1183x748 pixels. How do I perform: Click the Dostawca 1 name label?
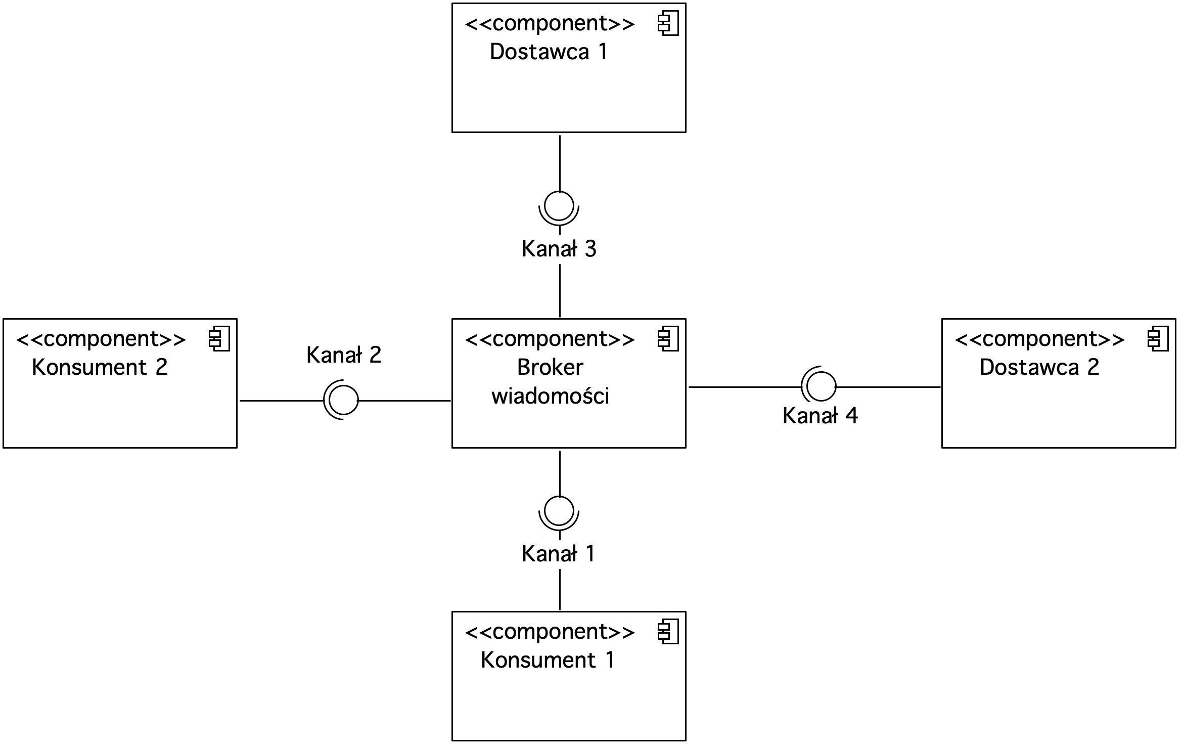[x=549, y=52]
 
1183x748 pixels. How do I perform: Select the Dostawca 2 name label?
[x=1039, y=367]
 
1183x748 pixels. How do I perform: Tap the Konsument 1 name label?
[x=548, y=660]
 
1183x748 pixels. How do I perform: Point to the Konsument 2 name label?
[x=100, y=367]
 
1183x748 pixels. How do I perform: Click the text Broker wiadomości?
[x=550, y=381]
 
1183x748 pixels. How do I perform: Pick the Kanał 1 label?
[x=558, y=554]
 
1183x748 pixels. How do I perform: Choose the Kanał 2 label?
[x=344, y=355]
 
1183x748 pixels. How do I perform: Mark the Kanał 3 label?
[x=559, y=249]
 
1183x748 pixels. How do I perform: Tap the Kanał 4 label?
[x=820, y=416]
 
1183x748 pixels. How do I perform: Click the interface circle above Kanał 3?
[x=559, y=192]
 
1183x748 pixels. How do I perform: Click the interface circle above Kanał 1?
[x=559, y=497]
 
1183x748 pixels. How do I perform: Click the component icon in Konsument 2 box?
[x=219, y=339]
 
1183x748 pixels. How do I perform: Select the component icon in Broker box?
[x=668, y=339]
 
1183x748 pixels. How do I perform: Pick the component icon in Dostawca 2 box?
[x=1158, y=339]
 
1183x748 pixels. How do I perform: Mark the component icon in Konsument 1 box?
[x=668, y=632]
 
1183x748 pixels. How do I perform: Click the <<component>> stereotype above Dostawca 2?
[x=1039, y=339]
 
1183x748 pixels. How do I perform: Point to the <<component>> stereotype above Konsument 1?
[x=550, y=632]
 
